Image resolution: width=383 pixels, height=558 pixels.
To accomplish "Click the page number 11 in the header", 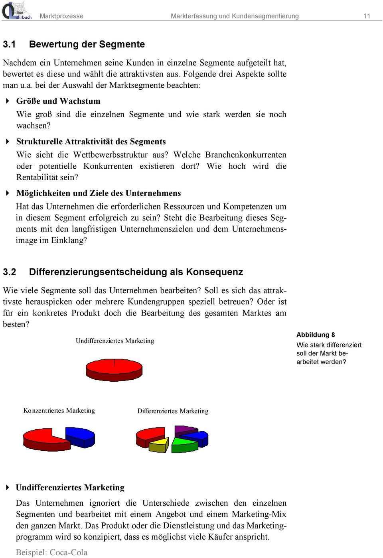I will [367, 16].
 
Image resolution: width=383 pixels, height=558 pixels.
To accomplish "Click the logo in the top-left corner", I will [17, 11].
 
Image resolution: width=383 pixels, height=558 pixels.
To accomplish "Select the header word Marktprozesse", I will [61, 16].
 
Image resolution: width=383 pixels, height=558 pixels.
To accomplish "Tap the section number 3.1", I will [9, 44].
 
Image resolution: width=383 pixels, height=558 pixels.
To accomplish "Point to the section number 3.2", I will [9, 272].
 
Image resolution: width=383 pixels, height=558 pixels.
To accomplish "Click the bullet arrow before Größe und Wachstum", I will [8, 101].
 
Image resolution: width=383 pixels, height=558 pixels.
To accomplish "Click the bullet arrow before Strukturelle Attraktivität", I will [8, 142].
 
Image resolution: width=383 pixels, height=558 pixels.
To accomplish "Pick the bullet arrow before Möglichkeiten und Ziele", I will [8, 193].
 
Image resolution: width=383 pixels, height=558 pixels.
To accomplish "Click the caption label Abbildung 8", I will [316, 335].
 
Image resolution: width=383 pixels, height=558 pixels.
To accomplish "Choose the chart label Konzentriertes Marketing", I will [59, 411].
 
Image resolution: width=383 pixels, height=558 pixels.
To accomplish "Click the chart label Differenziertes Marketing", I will [173, 411].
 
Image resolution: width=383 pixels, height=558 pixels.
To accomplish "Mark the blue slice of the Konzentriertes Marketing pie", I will [82, 436].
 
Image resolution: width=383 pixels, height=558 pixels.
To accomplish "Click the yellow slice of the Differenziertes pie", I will [158, 444].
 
